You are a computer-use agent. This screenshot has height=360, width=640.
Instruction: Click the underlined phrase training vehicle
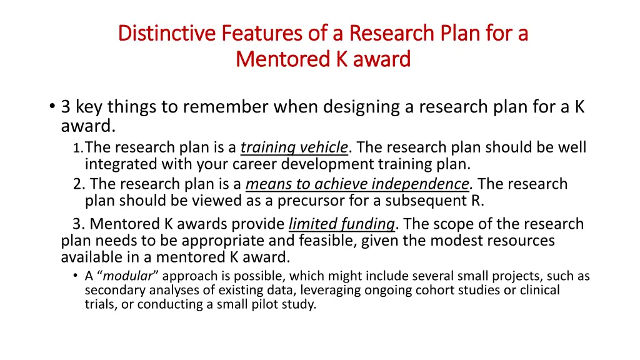coord(294,148)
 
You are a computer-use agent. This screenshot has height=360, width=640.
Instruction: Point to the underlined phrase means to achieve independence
coord(357,184)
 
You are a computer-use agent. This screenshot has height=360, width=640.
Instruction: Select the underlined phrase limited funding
coord(342,224)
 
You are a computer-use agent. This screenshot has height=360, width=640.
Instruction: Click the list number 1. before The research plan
coord(77,149)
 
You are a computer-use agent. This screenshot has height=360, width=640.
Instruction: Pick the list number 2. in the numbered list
coord(79,184)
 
